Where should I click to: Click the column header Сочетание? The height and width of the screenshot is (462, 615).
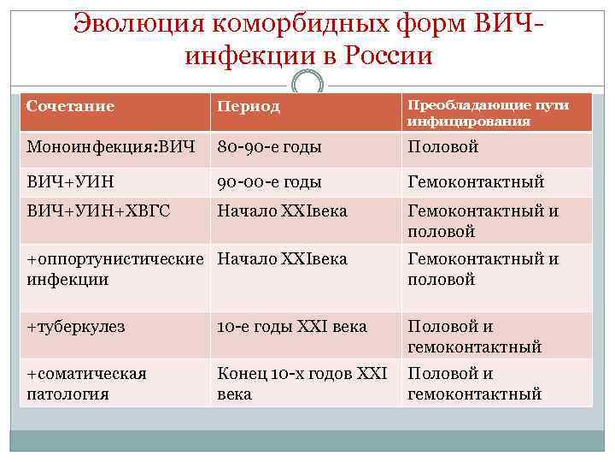point(71,106)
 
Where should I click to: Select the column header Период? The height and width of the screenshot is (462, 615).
point(249,107)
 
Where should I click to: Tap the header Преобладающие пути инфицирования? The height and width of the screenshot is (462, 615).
point(488,112)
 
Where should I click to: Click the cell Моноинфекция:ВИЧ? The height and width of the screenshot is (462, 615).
point(106,146)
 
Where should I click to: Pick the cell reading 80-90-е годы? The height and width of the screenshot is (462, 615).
point(270,146)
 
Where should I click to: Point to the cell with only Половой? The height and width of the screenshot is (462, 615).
point(443,146)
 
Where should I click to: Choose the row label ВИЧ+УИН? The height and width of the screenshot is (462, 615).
point(70,181)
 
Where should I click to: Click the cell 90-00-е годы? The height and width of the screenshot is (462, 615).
point(270,181)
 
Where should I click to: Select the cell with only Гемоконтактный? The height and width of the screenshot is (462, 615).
point(476,181)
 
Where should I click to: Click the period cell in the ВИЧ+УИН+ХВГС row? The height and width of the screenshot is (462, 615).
point(283,210)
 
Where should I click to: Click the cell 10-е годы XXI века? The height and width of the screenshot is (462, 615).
point(292,327)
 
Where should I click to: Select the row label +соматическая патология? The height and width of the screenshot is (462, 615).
point(86,383)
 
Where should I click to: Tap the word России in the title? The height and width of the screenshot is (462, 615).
point(389,56)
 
